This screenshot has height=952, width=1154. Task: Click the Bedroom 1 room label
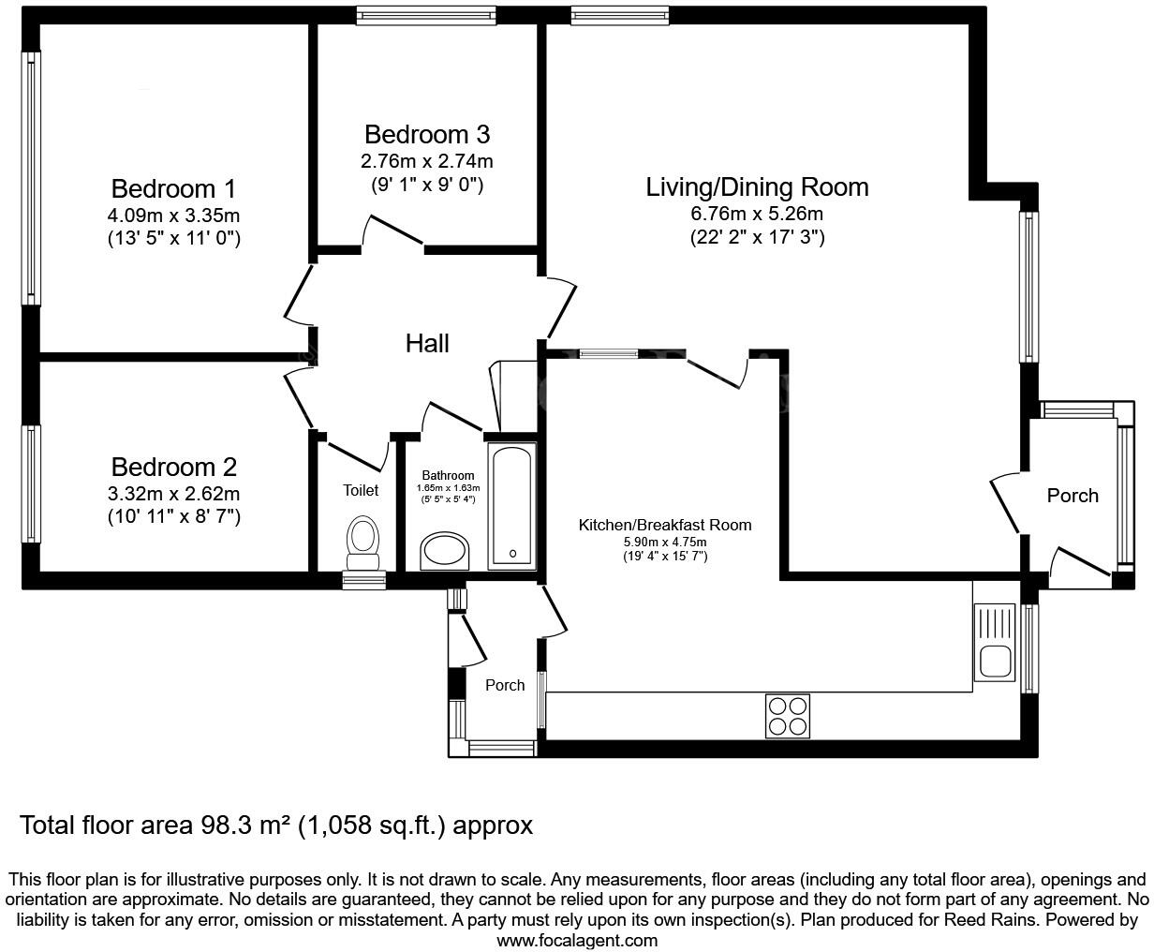tap(173, 187)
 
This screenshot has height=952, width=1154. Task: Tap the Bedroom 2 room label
tap(173, 467)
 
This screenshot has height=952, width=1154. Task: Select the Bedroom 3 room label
tap(427, 134)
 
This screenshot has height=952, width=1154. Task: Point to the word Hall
tap(427, 343)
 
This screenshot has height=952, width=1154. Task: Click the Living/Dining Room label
tap(757, 187)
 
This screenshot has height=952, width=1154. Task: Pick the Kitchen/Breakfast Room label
tap(665, 525)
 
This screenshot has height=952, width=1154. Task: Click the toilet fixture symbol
tap(363, 543)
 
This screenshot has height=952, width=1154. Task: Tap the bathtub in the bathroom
tap(512, 507)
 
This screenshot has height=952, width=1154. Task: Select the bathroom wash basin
tap(448, 551)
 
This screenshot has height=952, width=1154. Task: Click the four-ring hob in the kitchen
tap(787, 716)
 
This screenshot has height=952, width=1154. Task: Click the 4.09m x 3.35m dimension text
tap(173, 215)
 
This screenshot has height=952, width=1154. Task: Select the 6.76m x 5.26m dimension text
tap(757, 214)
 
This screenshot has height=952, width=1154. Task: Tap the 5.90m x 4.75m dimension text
tap(665, 542)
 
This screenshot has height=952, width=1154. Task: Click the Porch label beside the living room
tap(1073, 496)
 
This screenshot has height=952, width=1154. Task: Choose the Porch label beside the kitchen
tap(505, 685)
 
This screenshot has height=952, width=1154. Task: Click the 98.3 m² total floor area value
tap(246, 826)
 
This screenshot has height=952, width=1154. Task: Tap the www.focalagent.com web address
tap(577, 940)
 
